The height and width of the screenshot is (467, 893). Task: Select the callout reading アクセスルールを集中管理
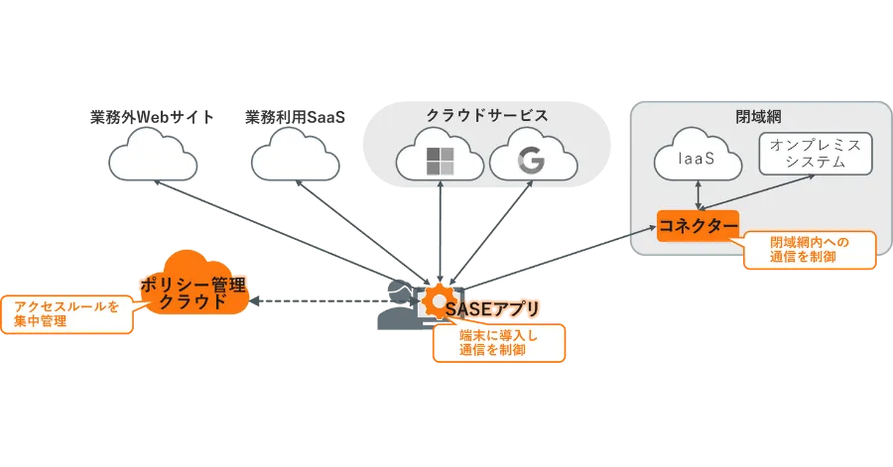pos(66,314)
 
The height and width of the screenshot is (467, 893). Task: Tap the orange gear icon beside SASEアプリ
pos(435,299)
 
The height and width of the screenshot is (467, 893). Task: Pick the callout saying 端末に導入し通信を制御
pos(498,342)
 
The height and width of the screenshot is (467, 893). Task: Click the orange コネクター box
pos(699,226)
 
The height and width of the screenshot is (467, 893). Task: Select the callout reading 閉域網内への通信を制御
pos(809,249)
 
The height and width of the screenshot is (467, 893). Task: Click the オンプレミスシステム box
pos(815,153)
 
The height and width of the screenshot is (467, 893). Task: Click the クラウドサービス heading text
pos(486,115)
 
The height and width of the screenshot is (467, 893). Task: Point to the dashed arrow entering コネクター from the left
pos(595,245)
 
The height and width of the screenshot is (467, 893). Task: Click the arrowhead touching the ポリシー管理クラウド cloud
pos(252,297)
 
